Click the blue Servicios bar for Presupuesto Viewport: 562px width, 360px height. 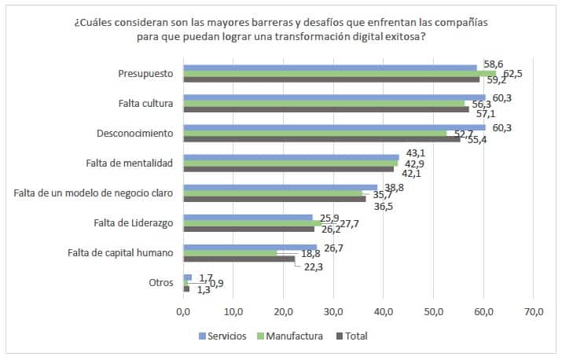point(330,68)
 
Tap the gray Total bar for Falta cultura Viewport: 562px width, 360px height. point(325,109)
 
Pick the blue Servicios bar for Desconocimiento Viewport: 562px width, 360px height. point(334,127)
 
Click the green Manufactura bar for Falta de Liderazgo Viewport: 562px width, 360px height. point(252,223)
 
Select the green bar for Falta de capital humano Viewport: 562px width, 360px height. point(230,253)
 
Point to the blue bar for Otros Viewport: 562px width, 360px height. point(187,277)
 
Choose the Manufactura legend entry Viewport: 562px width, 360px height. point(293,336)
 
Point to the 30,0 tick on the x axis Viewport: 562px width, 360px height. point(333,312)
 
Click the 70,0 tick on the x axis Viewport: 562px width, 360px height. point(533,312)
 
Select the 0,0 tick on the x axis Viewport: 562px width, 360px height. point(183,312)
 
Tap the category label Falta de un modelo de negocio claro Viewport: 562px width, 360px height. point(94,193)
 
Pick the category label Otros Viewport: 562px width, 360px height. point(160,283)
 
